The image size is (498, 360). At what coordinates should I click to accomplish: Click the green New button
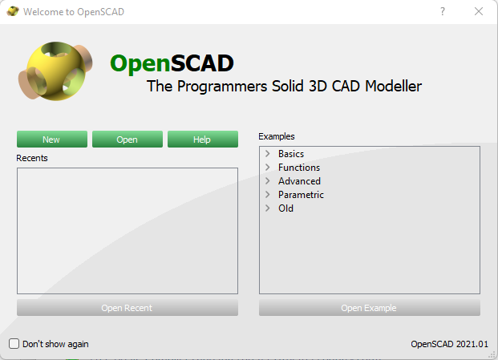[52, 139]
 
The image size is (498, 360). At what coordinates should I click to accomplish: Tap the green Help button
[203, 139]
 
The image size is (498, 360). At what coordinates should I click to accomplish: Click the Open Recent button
[128, 308]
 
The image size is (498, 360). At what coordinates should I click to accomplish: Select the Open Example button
[370, 308]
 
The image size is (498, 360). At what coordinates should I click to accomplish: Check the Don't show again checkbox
[14, 343]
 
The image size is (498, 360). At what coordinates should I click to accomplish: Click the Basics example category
[291, 154]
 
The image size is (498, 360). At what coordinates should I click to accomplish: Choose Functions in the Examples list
[299, 168]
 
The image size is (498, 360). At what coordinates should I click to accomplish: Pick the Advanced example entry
[299, 181]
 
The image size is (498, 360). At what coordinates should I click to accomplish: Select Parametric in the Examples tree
[301, 195]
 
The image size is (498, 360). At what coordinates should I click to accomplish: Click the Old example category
[285, 208]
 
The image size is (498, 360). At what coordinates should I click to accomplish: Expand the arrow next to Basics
[268, 154]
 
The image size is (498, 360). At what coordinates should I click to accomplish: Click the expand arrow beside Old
[268, 208]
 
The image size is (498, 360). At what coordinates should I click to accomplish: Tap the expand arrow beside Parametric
[268, 195]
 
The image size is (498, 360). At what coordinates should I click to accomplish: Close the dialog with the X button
[479, 11]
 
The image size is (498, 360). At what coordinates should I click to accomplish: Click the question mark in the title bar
[443, 11]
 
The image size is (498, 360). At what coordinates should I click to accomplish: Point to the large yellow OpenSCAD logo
[55, 71]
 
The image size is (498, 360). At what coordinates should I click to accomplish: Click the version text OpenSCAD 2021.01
[449, 344]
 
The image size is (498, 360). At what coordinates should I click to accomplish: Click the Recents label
[32, 158]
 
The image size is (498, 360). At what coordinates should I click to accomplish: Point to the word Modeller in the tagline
[393, 87]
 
